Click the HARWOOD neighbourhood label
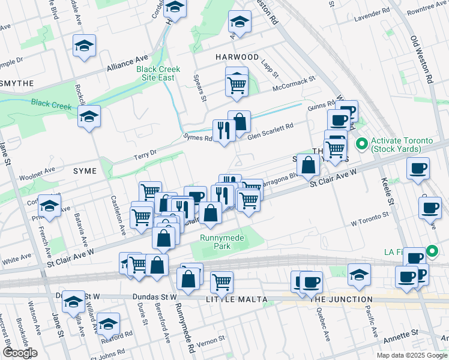[237, 57]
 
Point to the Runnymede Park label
[223, 242]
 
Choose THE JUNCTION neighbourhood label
[342, 299]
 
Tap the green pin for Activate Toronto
[362, 145]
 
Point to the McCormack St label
[294, 83]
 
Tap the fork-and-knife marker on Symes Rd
[224, 130]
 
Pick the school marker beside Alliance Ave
[85, 46]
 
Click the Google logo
[19, 353]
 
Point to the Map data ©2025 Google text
[411, 355]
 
